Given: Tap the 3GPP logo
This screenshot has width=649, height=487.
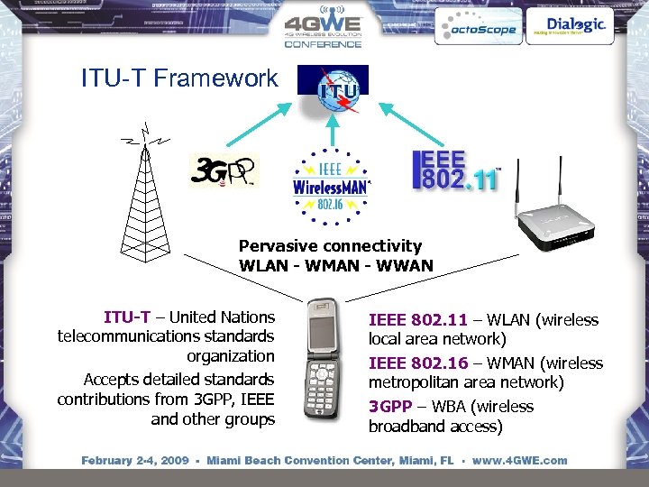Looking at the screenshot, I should click(224, 171).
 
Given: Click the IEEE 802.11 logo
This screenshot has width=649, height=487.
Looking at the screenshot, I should click(455, 170).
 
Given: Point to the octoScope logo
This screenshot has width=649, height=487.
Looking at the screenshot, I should click(477, 28).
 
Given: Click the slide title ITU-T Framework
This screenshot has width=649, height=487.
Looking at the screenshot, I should click(179, 78).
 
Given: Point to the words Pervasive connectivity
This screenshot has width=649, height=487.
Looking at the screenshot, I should click(330, 245).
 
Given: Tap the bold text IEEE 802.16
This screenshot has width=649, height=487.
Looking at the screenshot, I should click(417, 363).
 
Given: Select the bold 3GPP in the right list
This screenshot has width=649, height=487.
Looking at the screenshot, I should click(392, 407).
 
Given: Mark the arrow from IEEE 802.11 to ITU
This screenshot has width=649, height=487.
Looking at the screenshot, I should click(410, 122).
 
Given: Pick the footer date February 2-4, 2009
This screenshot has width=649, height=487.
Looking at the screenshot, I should click(135, 461).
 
